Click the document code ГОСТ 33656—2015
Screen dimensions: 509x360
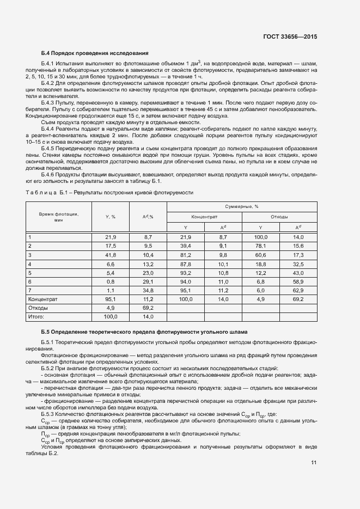(289, 36)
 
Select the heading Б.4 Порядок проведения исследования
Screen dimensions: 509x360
(95, 53)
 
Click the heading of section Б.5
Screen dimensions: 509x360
(144, 332)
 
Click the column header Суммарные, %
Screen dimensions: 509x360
(241, 207)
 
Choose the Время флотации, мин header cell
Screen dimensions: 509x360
(59, 217)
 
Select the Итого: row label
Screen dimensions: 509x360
(36, 316)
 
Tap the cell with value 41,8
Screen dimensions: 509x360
(111, 255)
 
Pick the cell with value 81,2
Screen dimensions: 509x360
(185, 255)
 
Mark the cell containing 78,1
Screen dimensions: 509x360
(260, 246)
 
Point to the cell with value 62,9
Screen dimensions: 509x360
(298, 290)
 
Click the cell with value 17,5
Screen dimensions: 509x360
(111, 246)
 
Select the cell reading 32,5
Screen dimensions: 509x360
(298, 263)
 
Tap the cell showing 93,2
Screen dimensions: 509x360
(185, 272)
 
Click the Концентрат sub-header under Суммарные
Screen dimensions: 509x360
(204, 217)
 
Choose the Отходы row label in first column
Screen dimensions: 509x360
(37, 308)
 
